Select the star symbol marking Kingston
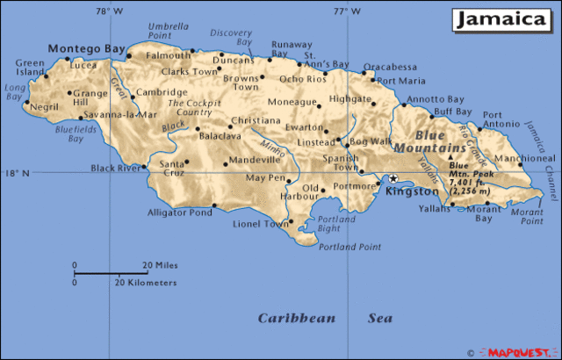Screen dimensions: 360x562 [393, 178]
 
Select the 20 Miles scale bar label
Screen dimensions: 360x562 [161, 265]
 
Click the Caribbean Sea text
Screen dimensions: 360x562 [325, 318]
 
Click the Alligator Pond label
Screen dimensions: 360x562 [179, 212]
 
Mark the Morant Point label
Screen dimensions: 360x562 [526, 216]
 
